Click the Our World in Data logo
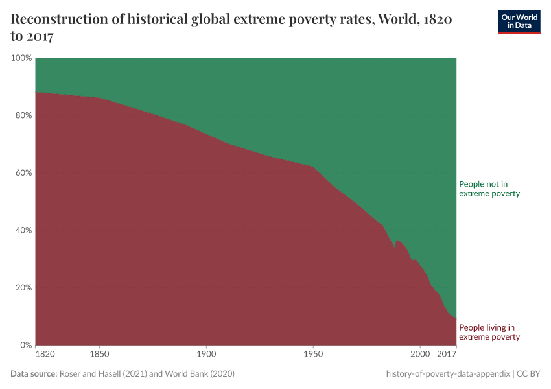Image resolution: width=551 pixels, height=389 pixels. (519, 21)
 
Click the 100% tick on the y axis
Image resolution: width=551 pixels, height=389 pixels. (21, 58)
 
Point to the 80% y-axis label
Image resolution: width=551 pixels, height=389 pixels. (23, 115)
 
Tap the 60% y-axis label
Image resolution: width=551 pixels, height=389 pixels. (23, 173)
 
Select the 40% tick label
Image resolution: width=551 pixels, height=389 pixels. (23, 230)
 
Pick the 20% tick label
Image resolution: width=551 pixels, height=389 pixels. (23, 287)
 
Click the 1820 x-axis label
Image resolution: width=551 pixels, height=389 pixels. (45, 355)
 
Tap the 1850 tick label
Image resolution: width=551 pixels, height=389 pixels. (99, 355)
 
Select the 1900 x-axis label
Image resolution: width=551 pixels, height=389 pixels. (206, 355)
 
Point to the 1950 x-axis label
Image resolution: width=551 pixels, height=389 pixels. (313, 355)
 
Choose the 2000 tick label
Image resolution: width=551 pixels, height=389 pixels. (420, 355)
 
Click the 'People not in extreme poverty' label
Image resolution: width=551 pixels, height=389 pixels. (489, 189)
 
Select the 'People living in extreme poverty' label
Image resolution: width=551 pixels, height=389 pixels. (489, 332)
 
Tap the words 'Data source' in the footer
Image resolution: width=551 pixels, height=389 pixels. (33, 374)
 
